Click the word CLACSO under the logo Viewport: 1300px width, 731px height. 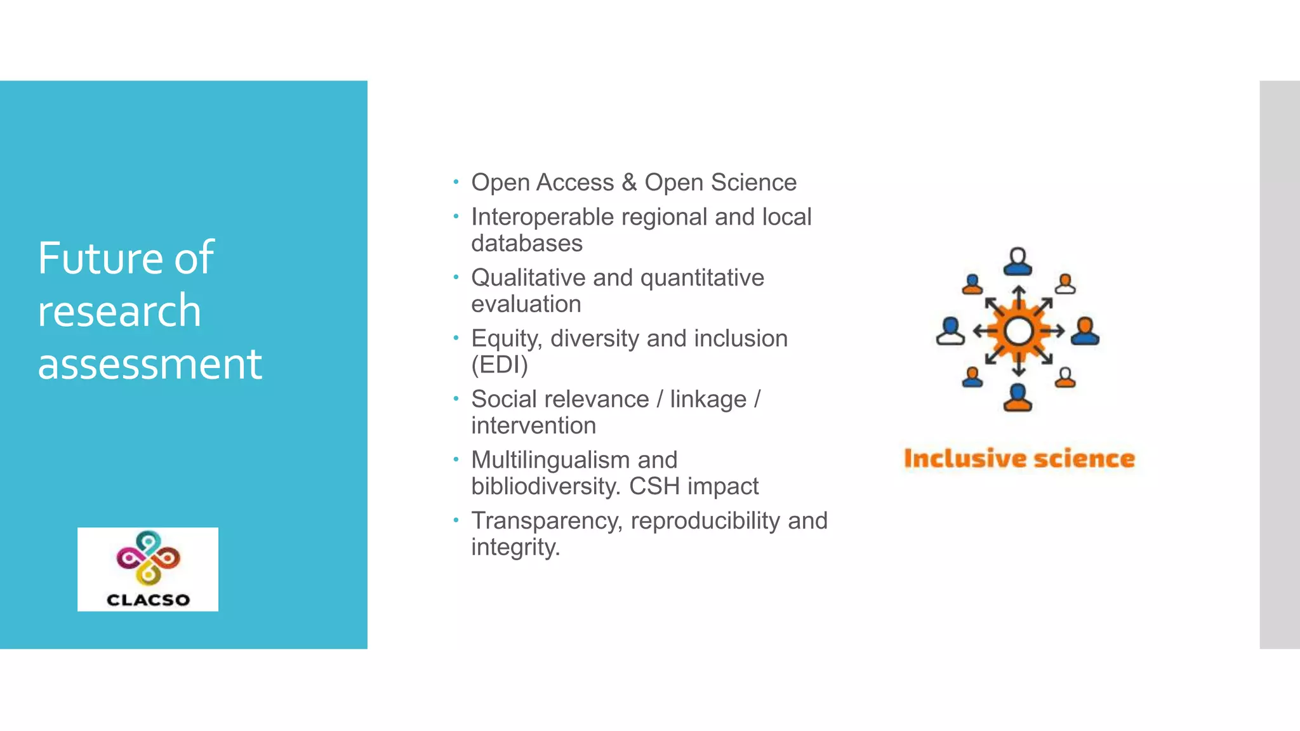coord(148,600)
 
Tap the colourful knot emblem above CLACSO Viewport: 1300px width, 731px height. coord(148,556)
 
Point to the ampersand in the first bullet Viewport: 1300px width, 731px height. coord(629,182)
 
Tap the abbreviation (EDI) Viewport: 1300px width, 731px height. coord(500,365)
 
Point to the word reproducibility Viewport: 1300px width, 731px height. coord(705,521)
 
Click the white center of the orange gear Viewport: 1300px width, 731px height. coord(1019,331)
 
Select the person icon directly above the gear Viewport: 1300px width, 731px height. coord(1018,261)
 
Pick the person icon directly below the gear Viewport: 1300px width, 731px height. coord(1018,398)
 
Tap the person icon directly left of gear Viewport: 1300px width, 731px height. coord(950,331)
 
